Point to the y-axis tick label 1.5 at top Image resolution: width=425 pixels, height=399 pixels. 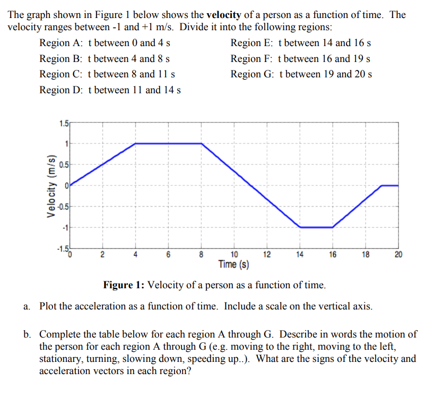64,124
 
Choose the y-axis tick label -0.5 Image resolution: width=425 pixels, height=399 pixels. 63,207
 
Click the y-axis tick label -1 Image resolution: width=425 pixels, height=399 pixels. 65,227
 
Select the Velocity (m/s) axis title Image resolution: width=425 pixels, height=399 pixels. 51,185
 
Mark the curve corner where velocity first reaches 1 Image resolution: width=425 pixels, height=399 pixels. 136,144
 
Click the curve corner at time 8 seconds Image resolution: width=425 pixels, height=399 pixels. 202,144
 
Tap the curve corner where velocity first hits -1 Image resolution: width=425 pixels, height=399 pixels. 300,227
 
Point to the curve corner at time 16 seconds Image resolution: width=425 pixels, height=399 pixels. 333,227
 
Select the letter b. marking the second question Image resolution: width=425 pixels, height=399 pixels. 27,334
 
